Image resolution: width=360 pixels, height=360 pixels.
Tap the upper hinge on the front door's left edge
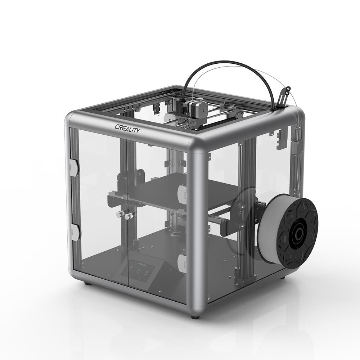74,167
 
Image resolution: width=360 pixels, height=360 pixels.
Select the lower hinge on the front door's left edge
75,232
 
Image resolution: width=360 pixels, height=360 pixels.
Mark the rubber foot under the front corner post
195,317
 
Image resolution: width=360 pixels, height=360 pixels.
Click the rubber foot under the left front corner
87,284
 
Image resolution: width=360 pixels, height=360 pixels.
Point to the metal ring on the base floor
176,235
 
